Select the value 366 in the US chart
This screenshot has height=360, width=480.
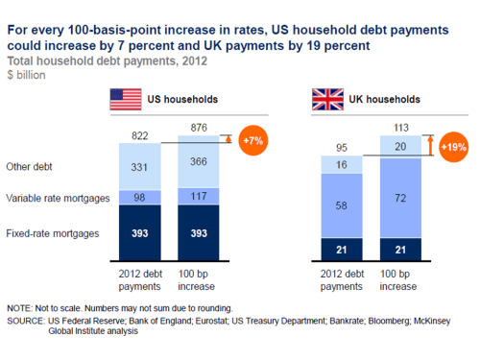click(x=199, y=163)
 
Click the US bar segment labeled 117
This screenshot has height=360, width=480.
click(x=199, y=196)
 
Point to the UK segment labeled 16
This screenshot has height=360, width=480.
click(x=342, y=165)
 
